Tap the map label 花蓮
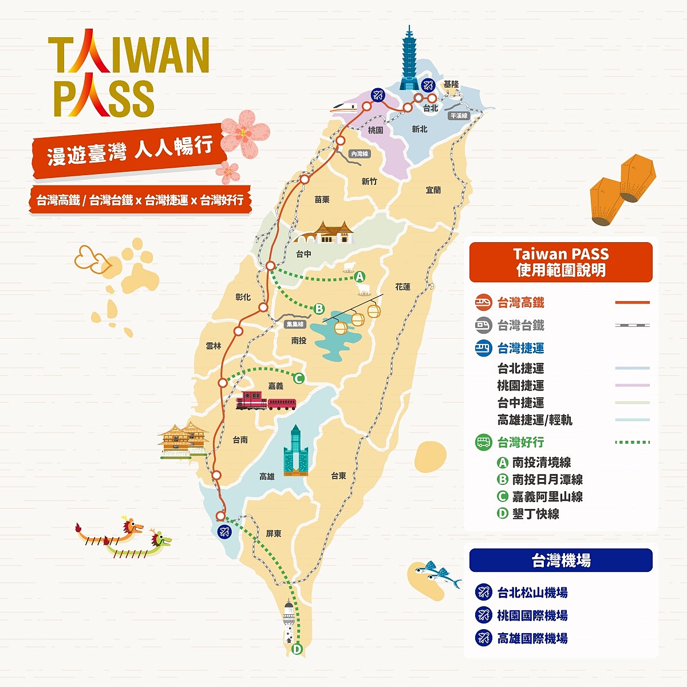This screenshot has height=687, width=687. (402, 286)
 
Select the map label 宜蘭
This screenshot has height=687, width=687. (433, 189)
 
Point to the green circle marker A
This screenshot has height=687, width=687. (360, 277)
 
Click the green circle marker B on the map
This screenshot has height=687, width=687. (319, 309)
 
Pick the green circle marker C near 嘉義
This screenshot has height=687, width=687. (298, 378)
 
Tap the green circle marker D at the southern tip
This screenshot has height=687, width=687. (297, 649)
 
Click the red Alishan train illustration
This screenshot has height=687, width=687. (266, 401)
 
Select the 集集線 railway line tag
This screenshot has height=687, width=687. (295, 324)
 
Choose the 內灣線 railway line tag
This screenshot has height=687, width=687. (360, 154)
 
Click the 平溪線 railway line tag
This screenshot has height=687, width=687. (459, 116)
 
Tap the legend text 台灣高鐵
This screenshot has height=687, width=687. (520, 303)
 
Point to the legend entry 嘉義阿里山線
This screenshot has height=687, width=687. (547, 497)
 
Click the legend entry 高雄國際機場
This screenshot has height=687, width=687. (532, 638)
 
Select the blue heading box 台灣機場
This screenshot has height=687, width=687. (560, 560)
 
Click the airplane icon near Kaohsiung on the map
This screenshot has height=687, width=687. (223, 531)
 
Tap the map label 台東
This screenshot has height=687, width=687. (338, 475)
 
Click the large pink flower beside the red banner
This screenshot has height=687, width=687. (244, 132)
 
